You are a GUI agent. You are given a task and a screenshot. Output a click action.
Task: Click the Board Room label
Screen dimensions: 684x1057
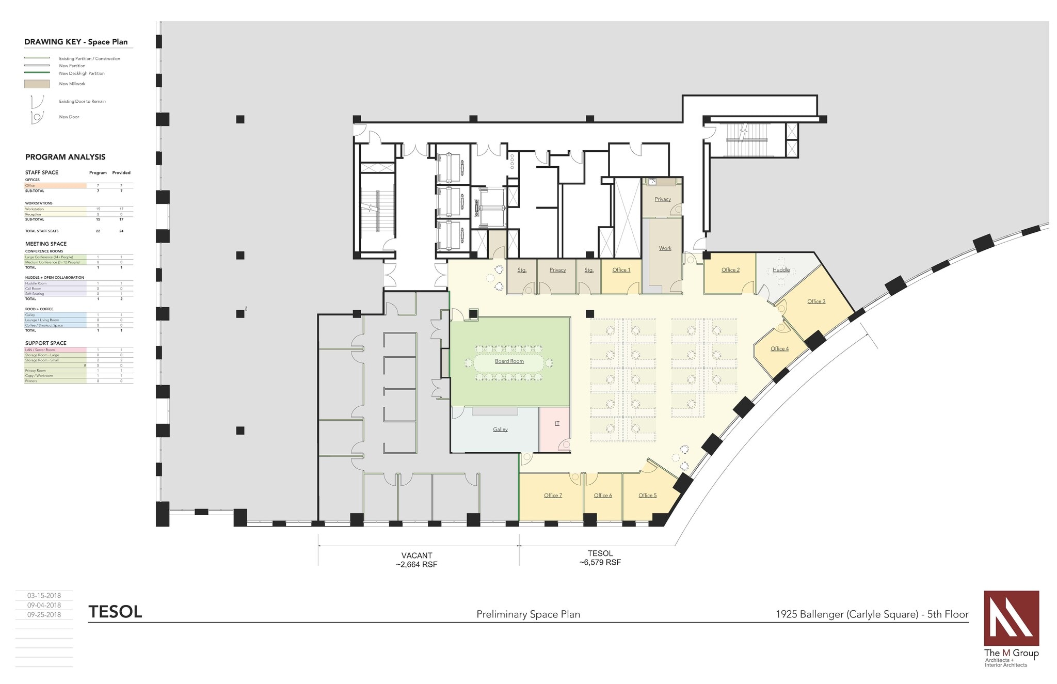click(x=509, y=361)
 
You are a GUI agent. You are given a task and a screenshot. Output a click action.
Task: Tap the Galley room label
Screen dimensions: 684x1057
click(x=500, y=430)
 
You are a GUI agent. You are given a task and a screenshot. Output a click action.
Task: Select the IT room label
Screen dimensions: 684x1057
click(x=557, y=423)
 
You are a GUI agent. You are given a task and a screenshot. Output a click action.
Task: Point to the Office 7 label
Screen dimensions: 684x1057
click(x=553, y=496)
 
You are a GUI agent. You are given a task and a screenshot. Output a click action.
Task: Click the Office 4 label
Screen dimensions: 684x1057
click(x=779, y=349)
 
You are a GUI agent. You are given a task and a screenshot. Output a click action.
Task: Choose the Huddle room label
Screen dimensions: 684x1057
click(x=781, y=270)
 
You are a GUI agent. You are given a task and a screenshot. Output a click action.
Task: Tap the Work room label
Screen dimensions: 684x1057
click(x=665, y=248)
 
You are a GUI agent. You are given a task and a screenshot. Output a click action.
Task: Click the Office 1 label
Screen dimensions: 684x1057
click(x=621, y=270)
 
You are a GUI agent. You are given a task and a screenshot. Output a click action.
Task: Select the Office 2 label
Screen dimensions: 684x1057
click(x=730, y=270)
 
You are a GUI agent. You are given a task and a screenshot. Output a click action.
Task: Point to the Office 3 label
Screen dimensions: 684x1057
click(x=816, y=301)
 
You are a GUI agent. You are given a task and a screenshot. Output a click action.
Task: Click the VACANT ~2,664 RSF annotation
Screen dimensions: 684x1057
click(x=417, y=560)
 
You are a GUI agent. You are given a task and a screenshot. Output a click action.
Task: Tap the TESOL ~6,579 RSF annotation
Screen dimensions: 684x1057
click(x=600, y=558)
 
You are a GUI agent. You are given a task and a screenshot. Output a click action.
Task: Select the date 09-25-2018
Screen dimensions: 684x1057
click(x=44, y=615)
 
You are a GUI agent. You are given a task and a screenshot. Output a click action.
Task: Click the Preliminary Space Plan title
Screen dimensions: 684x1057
click(x=528, y=614)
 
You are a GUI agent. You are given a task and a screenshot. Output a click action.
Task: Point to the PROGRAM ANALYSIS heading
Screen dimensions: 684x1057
click(x=65, y=157)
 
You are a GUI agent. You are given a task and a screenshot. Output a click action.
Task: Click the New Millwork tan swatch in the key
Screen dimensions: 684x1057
click(x=37, y=84)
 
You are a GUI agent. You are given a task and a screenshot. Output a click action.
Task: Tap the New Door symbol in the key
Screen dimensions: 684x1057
click(x=37, y=117)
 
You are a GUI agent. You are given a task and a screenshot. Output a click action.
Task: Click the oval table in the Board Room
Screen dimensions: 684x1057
click(x=509, y=362)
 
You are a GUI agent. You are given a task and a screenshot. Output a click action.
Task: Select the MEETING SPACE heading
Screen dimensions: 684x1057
click(x=46, y=244)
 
